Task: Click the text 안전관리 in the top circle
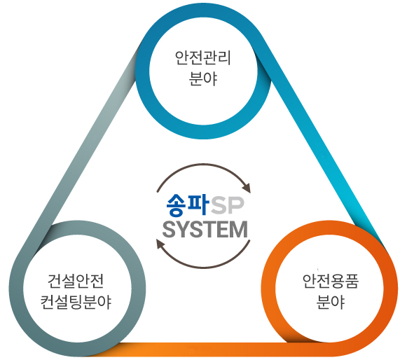point(203,57)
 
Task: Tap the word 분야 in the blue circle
point(203,78)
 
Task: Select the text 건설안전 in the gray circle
point(76,281)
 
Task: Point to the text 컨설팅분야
point(76,302)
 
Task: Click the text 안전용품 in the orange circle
point(331,281)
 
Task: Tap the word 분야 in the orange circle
point(331,302)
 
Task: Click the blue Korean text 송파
point(188,205)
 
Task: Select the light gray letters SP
point(228,206)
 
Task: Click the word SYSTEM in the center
point(205,230)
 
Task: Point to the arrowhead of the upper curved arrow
point(247,188)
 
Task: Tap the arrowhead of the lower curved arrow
point(160,244)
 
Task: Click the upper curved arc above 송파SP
point(203,165)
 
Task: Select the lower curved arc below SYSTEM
point(203,267)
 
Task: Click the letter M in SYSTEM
point(239,230)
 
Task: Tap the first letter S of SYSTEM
point(169,230)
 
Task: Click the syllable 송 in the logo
point(177,205)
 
